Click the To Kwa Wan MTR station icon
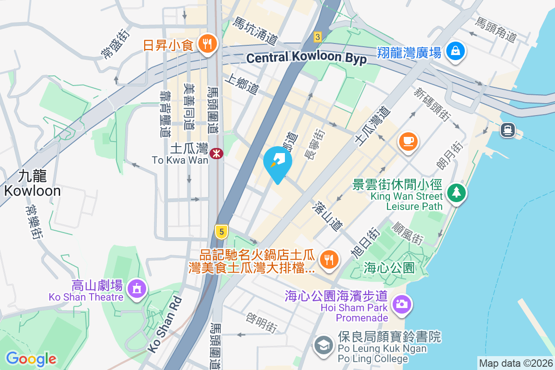pyautogui.click(x=216, y=153)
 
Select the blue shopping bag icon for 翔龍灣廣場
pyautogui.click(x=456, y=50)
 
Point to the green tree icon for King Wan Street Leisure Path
pyautogui.click(x=456, y=192)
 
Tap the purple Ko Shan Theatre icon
pyautogui.click(x=136, y=289)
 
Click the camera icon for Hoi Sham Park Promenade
pyautogui.click(x=401, y=304)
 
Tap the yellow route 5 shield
pyautogui.click(x=222, y=231)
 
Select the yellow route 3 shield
pyautogui.click(x=317, y=36)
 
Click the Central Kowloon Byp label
pyautogui.click(x=306, y=58)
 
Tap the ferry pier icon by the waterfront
pyautogui.click(x=508, y=130)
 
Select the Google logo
pyautogui.click(x=31, y=359)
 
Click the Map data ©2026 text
pyautogui.click(x=515, y=363)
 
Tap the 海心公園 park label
pyautogui.click(x=389, y=267)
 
